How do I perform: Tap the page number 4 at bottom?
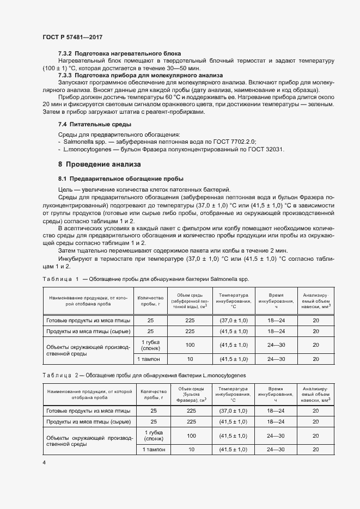click(44, 462)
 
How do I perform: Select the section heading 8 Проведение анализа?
click(99, 164)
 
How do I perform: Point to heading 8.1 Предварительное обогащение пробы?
click(121, 179)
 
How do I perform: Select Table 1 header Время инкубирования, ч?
click(276, 302)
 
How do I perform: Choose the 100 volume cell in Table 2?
click(191, 436)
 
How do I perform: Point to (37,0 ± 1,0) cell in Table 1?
click(233, 320)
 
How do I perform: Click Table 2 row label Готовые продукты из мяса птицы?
click(88, 411)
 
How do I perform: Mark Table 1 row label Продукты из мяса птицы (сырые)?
click(88, 331)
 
